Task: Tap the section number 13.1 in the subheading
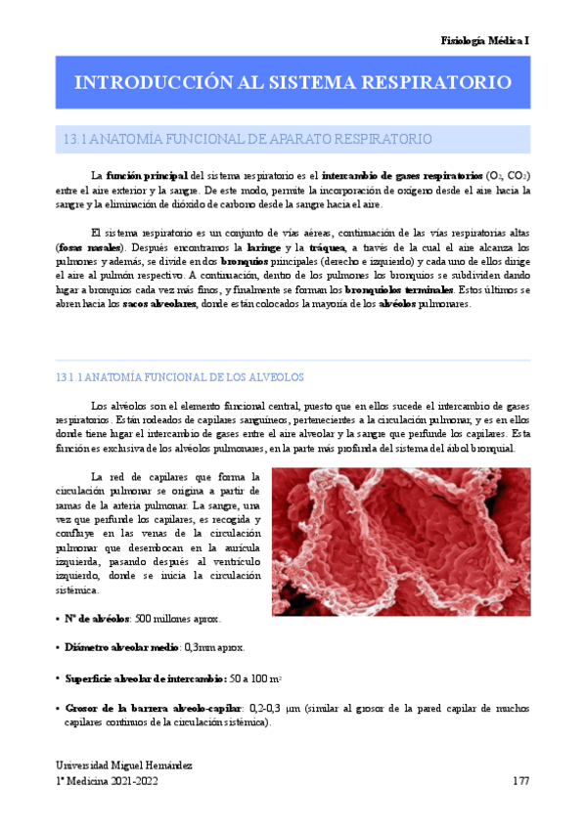[74, 140]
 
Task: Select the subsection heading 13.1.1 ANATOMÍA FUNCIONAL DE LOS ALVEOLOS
[181, 376]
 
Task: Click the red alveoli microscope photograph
[400, 542]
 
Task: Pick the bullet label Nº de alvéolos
[98, 619]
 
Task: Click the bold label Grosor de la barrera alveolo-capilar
[153, 707]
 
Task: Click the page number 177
[520, 782]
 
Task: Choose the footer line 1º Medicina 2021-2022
[107, 782]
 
